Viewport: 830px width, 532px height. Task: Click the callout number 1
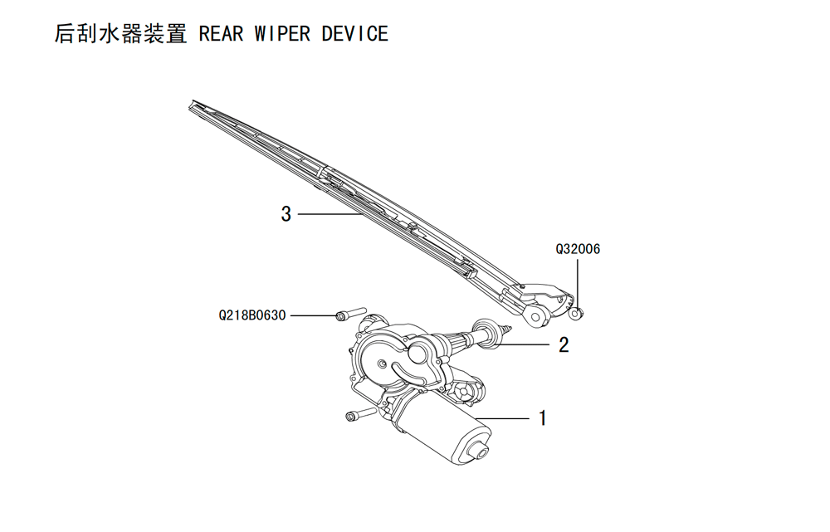[542, 418]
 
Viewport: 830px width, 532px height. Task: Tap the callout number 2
[564, 344]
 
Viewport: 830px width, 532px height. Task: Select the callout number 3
[286, 214]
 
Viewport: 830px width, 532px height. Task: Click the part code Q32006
[578, 249]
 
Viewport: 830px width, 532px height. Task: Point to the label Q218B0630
[252, 315]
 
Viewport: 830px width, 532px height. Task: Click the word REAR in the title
[221, 34]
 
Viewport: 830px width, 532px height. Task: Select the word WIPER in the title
[282, 34]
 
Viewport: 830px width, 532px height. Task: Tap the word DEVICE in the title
[355, 34]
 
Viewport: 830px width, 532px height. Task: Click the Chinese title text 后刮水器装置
[120, 33]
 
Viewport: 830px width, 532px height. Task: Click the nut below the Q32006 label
[575, 314]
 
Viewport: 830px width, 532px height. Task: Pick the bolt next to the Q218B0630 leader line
[351, 313]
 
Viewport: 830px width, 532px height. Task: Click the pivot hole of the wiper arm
[535, 318]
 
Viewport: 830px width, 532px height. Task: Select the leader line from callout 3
[330, 214]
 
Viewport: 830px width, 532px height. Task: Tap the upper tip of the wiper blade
[191, 104]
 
